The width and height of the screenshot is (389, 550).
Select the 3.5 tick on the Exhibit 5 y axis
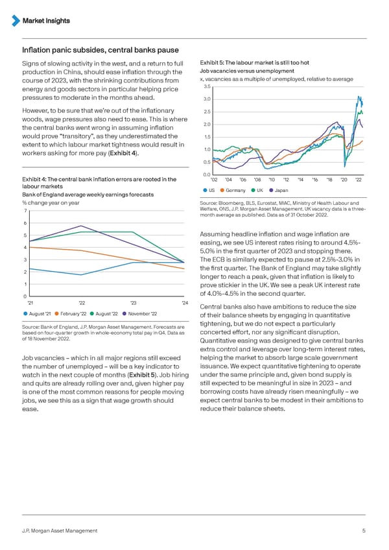[x=207, y=88]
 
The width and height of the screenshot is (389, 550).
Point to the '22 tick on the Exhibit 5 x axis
[x=359, y=180]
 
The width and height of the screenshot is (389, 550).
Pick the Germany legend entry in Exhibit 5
[x=237, y=190]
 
